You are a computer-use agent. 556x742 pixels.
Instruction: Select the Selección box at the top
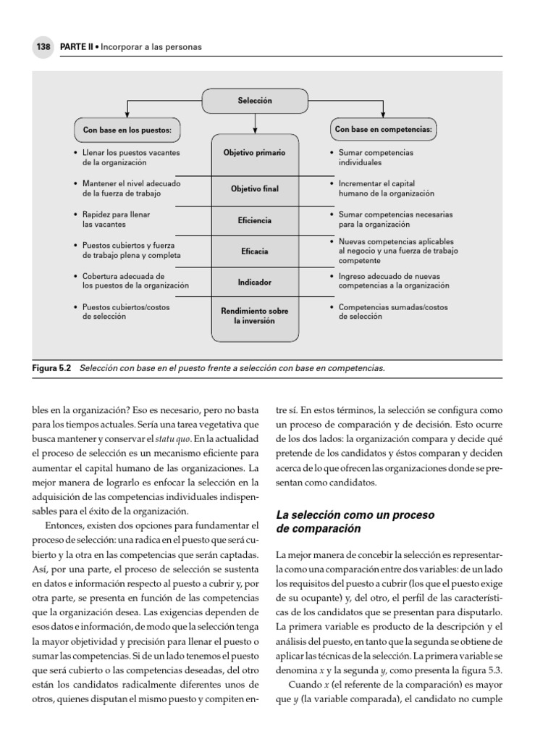pos(255,101)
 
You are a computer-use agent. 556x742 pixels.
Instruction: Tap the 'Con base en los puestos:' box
pos(127,131)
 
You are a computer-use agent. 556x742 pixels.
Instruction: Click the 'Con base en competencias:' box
pos(383,130)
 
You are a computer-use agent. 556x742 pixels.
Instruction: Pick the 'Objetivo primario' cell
pos(254,154)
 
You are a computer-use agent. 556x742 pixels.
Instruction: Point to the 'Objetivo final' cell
pos(254,189)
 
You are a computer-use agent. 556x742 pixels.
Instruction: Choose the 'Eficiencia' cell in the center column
pos(254,220)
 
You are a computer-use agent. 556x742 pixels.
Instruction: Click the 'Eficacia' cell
pos(254,251)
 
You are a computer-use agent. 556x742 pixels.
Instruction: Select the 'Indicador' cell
pos(254,282)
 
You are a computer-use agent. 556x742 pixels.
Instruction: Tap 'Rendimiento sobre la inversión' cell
pos(254,316)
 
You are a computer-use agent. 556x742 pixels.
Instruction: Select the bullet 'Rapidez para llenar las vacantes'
pos(117,220)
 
